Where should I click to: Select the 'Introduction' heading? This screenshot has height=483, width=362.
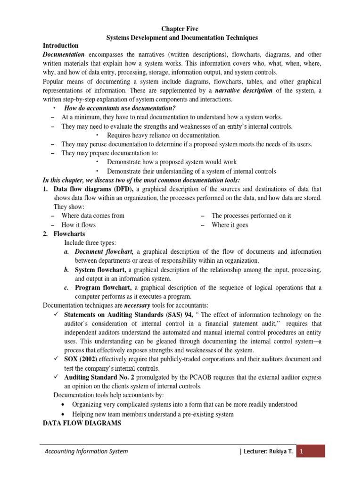pyautogui.click(x=60, y=46)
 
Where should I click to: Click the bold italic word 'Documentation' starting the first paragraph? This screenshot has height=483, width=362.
pyautogui.click(x=63, y=54)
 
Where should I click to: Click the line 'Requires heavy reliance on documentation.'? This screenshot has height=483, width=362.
pyautogui.click(x=157, y=135)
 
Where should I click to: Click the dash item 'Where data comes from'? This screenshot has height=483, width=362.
pyautogui.click(x=93, y=216)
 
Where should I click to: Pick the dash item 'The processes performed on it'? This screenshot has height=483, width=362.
pyautogui.click(x=251, y=216)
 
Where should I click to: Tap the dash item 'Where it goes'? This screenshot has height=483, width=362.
pyautogui.click(x=230, y=225)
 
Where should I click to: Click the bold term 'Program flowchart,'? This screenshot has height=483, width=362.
pyautogui.click(x=104, y=288)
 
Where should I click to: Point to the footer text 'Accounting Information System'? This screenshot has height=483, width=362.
pyautogui.click(x=86, y=451)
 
